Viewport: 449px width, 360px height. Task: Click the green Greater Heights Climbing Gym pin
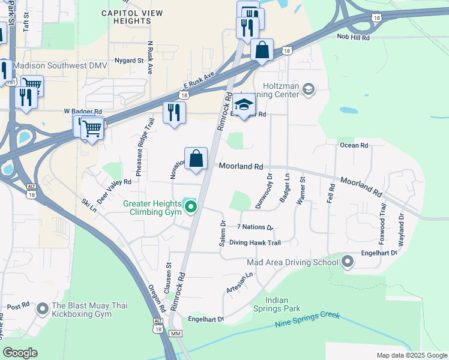click(x=191, y=208)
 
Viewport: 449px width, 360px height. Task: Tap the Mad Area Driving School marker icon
click(x=348, y=262)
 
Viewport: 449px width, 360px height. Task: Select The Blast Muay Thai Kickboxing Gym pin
click(x=42, y=310)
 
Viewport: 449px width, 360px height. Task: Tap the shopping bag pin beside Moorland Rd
click(x=196, y=160)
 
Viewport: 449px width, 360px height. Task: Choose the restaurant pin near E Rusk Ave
click(x=174, y=112)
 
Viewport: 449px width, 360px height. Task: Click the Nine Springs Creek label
click(x=307, y=320)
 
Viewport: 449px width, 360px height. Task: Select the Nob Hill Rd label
click(x=353, y=37)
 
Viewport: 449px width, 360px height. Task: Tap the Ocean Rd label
click(x=354, y=145)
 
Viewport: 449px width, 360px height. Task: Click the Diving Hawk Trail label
click(x=259, y=243)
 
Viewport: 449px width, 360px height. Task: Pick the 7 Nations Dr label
click(x=255, y=227)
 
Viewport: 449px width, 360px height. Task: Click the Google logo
click(x=20, y=353)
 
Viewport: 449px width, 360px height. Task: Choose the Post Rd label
click(x=18, y=306)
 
